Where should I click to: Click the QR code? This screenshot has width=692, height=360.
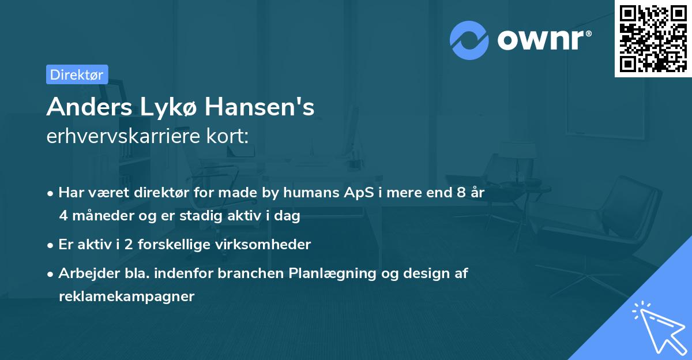coord(653,39)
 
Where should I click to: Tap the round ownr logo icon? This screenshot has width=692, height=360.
coord(470,40)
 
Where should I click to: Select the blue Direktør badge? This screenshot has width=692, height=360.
coord(77,74)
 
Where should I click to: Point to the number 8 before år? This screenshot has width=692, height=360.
coord(460,193)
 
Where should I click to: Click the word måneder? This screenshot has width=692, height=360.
coord(97,216)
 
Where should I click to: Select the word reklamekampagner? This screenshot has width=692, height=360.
coord(126,297)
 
